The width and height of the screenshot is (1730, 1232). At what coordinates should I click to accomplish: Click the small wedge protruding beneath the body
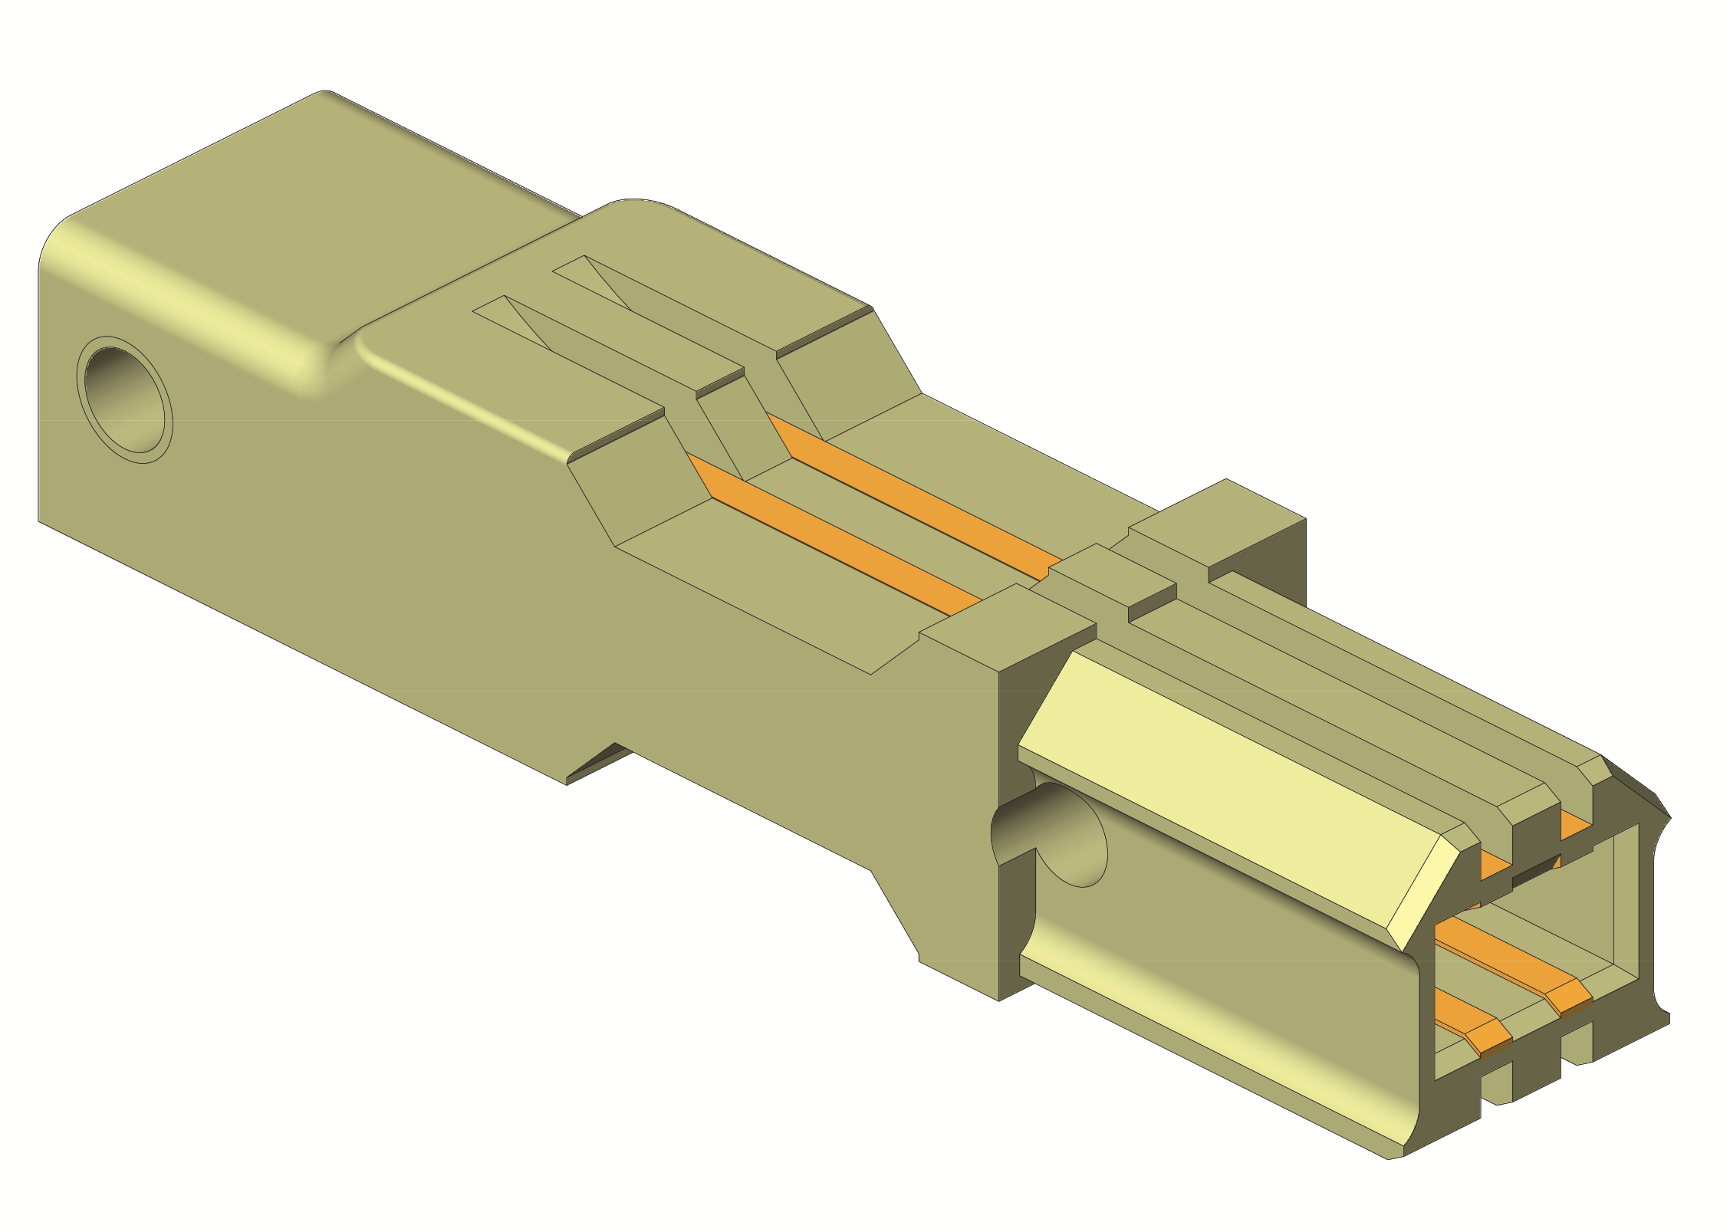point(598,766)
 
